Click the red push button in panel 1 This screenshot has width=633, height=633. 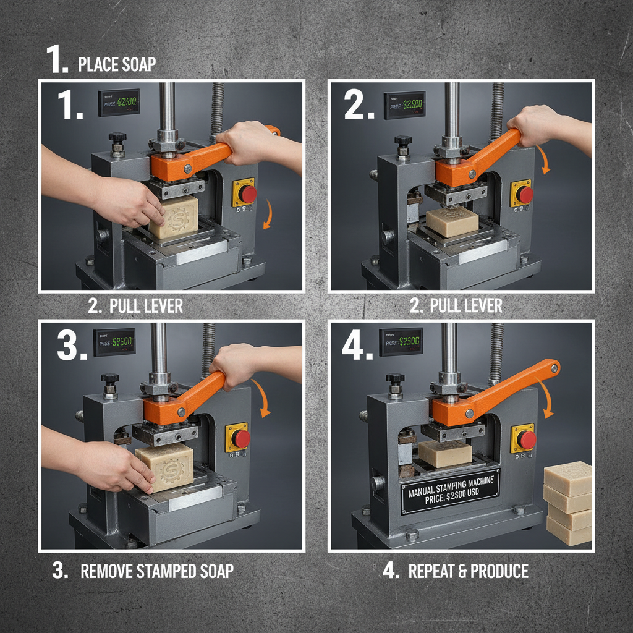click(x=247, y=194)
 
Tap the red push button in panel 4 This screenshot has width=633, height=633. click(x=526, y=440)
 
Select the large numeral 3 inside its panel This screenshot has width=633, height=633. click(x=70, y=346)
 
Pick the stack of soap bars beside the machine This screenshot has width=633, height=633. click(x=567, y=503)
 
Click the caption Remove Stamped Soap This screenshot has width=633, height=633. click(x=157, y=570)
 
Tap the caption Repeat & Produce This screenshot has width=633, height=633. click(x=469, y=570)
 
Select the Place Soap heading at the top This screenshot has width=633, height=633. click(x=117, y=64)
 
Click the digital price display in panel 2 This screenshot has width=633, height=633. click(x=404, y=105)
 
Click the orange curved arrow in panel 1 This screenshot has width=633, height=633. click(x=267, y=214)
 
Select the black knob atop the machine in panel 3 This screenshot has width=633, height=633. click(x=110, y=378)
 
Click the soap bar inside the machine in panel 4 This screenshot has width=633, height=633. click(x=444, y=453)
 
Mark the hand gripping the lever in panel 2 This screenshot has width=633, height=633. click(x=538, y=124)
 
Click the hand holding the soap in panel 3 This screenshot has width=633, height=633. click(x=114, y=467)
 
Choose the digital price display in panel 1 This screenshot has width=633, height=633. click(x=118, y=102)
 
